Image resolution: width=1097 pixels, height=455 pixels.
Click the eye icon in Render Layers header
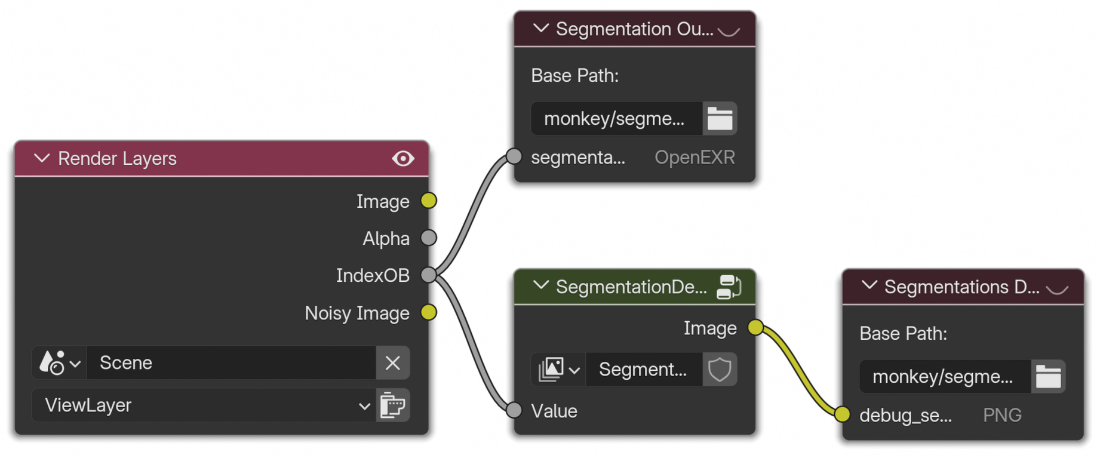pos(403,158)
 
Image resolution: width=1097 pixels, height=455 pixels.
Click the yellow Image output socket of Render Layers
pos(429,201)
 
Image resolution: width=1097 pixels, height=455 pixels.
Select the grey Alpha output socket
pos(429,238)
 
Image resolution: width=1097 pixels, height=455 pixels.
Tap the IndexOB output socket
pos(429,275)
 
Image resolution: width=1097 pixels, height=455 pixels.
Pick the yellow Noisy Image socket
pos(429,312)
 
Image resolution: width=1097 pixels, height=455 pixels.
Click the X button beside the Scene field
pos(392,362)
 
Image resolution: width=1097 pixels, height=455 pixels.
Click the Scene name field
pos(231,362)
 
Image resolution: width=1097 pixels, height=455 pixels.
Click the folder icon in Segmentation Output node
pos(720,118)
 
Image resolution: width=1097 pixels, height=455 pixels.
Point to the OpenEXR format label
pos(695,157)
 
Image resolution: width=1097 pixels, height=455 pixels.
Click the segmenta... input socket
pos(514,156)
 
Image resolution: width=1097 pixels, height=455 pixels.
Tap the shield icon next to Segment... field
pos(720,370)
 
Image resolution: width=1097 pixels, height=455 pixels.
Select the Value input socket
pos(514,410)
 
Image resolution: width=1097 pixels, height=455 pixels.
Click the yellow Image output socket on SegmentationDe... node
pos(755,327)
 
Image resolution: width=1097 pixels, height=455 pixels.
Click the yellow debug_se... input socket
pos(842,414)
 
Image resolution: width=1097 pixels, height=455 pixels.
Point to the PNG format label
pos(1002,415)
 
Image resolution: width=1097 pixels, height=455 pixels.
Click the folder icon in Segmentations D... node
pos(1048,376)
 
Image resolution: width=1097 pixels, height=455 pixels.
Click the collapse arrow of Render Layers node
pos(42,158)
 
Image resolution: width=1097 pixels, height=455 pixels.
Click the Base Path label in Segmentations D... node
pos(903,333)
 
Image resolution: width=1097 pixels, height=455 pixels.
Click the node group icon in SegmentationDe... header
pos(729,287)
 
